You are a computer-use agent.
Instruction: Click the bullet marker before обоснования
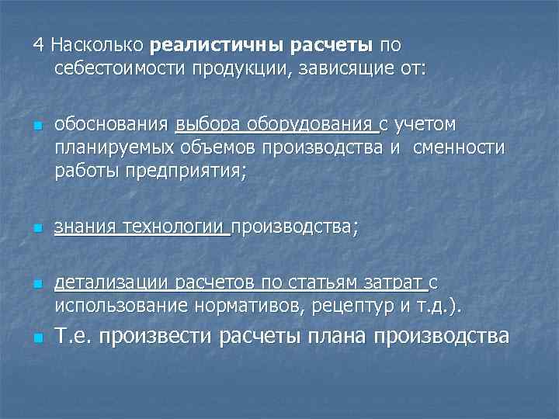coord(36,126)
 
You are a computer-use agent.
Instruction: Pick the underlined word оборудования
coord(314,125)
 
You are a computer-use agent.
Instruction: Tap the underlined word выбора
coord(209,125)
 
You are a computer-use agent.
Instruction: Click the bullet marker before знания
coord(36,228)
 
